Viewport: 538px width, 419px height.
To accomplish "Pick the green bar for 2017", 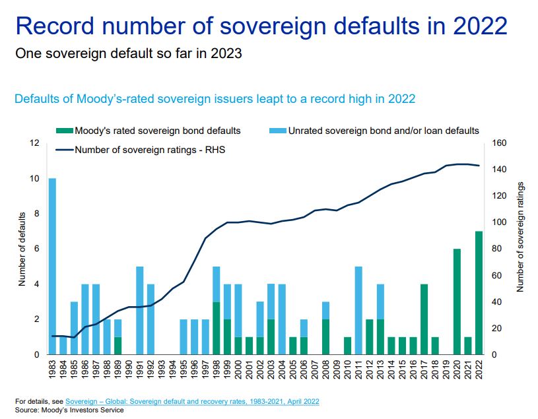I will pyautogui.click(x=424, y=319).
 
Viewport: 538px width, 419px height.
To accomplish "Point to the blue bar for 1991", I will pyautogui.click(x=140, y=310).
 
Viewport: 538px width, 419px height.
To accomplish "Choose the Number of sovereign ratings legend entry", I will pyautogui.click(x=145, y=150).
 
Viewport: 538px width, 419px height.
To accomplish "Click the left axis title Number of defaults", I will pyautogui.click(x=21, y=249).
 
